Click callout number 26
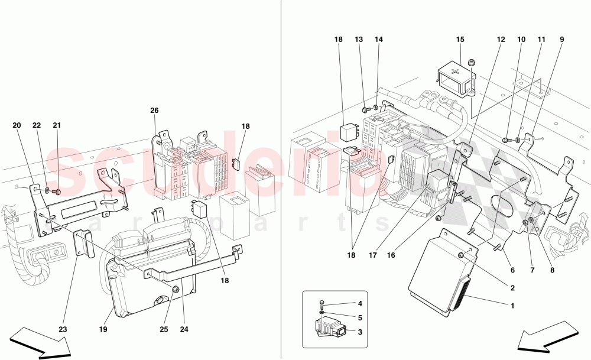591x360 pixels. (x=154, y=110)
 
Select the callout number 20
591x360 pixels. (x=17, y=125)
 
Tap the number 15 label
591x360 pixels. (x=460, y=40)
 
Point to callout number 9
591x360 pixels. (x=561, y=40)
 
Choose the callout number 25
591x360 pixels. (x=165, y=330)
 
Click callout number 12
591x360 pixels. (x=501, y=40)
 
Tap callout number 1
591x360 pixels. (x=512, y=306)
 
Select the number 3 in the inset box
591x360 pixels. (x=360, y=333)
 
